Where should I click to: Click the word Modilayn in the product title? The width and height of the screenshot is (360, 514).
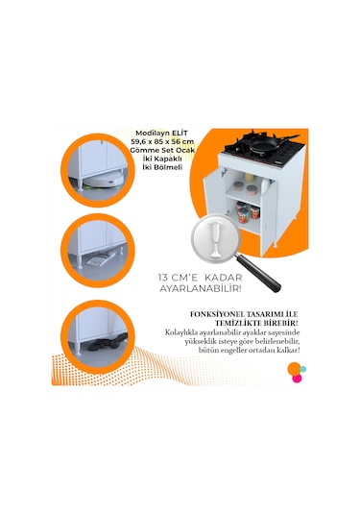pyautogui.click(x=152, y=134)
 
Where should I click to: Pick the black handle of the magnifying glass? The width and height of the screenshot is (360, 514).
pyautogui.click(x=259, y=273)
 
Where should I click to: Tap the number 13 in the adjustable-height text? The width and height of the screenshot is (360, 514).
pyautogui.click(x=163, y=278)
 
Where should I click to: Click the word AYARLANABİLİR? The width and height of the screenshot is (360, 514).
pyautogui.click(x=201, y=289)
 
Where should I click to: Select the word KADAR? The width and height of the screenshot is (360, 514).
pyautogui.click(x=224, y=278)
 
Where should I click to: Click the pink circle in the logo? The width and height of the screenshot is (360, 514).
pyautogui.click(x=297, y=379)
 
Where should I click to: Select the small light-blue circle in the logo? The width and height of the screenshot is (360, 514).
pyautogui.click(x=303, y=369)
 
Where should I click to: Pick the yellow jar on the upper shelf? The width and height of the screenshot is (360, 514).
pyautogui.click(x=251, y=178)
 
